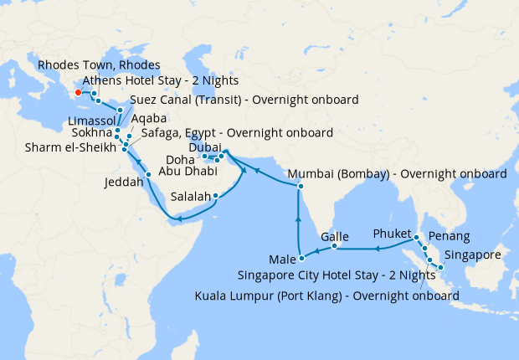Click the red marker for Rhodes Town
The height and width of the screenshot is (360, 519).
77,93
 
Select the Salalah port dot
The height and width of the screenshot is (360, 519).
216,197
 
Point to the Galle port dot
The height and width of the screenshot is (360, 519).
334,246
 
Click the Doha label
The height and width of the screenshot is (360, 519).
181,158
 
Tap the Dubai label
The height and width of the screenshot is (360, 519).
206,147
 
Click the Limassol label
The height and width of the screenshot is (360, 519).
90,121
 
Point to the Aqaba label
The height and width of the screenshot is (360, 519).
148,119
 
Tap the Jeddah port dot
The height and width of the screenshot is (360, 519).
149,174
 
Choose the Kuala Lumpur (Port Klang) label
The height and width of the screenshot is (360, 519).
326,296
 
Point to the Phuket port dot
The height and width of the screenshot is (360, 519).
416,238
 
